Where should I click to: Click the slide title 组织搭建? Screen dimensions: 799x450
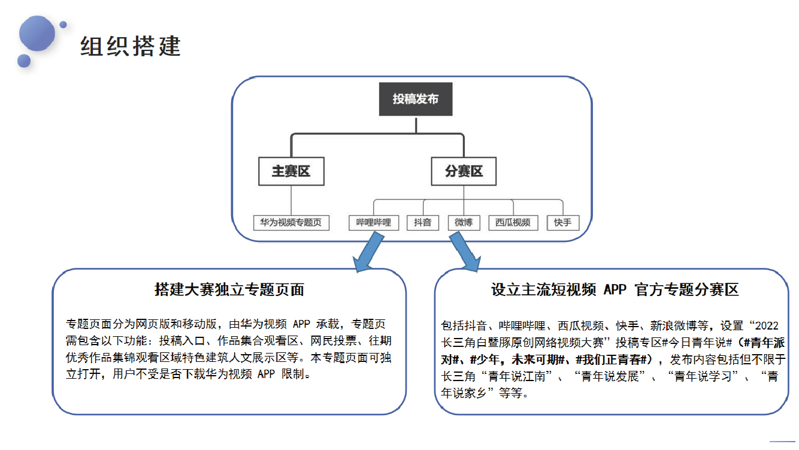click(x=131, y=46)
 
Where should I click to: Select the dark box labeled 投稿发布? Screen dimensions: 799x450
click(x=416, y=99)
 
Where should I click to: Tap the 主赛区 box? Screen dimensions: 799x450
click(x=292, y=171)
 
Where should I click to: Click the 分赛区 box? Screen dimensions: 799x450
click(x=464, y=171)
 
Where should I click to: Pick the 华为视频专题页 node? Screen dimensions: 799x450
click(x=291, y=223)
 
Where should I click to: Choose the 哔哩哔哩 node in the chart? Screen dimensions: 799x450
click(x=374, y=223)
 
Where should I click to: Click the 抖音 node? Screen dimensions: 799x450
click(x=423, y=223)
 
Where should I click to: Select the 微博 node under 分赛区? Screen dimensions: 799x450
click(x=464, y=223)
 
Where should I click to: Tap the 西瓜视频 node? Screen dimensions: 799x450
click(x=513, y=223)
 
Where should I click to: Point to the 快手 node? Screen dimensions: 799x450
click(x=563, y=223)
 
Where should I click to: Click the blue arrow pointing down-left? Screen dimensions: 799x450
click(x=368, y=252)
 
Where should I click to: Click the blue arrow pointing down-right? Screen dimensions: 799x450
click(x=465, y=252)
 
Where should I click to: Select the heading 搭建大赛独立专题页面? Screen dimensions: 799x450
click(x=229, y=289)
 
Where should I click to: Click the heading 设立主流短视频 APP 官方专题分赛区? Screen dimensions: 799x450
click(x=615, y=289)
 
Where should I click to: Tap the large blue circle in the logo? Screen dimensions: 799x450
click(x=37, y=33)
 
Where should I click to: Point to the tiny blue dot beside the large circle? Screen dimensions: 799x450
click(x=63, y=25)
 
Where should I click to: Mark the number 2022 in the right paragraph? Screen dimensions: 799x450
click(x=767, y=325)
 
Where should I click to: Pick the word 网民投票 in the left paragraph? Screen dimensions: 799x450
click(x=333, y=341)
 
